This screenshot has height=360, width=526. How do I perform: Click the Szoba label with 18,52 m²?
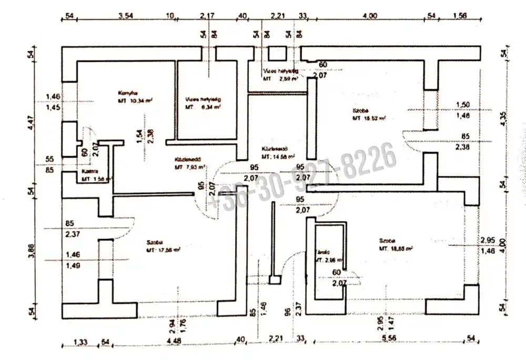360,111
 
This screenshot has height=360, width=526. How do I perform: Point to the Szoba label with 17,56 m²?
154,243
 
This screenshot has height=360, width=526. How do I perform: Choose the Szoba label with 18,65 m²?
386,241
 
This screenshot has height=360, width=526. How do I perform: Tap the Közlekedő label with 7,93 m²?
186,161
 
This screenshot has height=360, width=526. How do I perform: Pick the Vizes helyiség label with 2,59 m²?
280,69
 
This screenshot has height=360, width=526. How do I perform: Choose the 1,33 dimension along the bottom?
80,342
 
